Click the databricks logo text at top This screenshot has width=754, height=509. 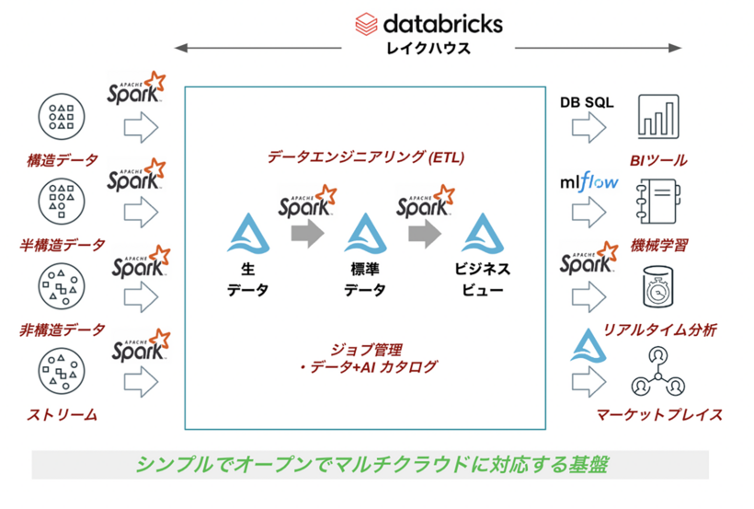(x=442, y=22)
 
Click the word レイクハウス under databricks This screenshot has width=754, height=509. (x=428, y=48)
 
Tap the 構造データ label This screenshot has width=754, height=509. (x=62, y=160)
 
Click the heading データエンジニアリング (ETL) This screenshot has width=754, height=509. (x=366, y=157)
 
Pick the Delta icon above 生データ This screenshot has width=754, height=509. (x=246, y=234)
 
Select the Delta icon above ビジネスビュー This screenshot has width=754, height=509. (x=482, y=234)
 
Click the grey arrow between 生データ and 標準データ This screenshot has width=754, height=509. (x=305, y=235)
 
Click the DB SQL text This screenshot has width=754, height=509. (x=588, y=101)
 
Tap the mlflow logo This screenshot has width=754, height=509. (x=588, y=181)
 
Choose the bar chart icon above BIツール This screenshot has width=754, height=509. (x=658, y=118)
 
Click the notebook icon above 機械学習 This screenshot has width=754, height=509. (x=658, y=202)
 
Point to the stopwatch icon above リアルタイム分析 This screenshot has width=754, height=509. (x=658, y=286)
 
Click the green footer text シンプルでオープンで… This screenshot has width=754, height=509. (x=371, y=464)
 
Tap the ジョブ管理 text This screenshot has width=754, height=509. (x=369, y=350)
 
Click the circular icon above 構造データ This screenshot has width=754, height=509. (x=62, y=116)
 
